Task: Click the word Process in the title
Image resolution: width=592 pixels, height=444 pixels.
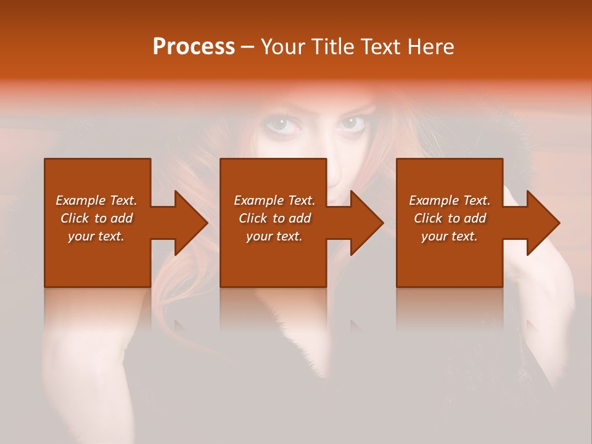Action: point(194,47)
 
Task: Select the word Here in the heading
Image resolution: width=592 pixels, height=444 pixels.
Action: point(431,47)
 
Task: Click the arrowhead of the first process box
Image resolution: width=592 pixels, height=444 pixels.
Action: point(189,223)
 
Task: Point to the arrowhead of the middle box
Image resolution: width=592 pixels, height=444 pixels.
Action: point(364,223)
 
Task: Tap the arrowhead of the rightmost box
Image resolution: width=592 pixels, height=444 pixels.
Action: point(541,223)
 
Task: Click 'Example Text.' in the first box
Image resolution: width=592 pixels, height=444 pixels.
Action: point(96,200)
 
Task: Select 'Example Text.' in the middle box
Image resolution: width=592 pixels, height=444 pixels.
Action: point(274,200)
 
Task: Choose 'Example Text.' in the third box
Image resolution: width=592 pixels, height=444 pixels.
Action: point(450,200)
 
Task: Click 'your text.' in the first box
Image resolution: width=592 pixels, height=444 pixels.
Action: point(96,236)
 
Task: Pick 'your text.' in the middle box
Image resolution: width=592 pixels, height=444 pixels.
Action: point(274,236)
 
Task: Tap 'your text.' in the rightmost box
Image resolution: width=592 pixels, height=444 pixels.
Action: point(450,236)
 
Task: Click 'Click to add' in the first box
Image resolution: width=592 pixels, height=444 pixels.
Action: point(96,218)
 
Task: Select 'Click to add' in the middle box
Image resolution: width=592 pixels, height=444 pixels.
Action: point(274,218)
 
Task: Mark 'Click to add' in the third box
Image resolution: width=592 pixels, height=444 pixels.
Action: point(450,218)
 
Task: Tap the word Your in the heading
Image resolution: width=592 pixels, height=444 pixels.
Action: point(283,47)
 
